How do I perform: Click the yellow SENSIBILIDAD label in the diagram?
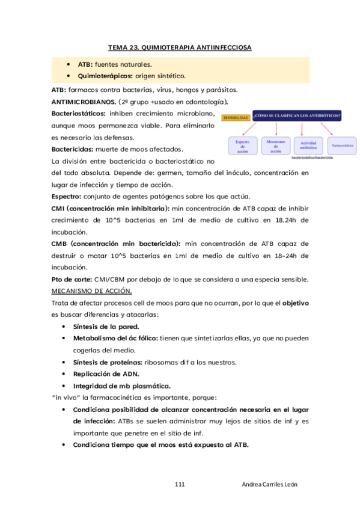pyautogui.click(x=236, y=118)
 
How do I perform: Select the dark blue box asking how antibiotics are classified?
pyautogui.click(x=297, y=115)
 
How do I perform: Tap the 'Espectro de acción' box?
pyautogui.click(x=242, y=146)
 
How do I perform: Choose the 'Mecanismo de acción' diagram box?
pyautogui.click(x=276, y=146)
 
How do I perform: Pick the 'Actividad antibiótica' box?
pyautogui.click(x=308, y=146)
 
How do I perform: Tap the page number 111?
pyautogui.click(x=180, y=484)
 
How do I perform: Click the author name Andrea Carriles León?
pyautogui.click(x=270, y=484)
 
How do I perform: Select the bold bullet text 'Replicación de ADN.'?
pyautogui.click(x=106, y=373)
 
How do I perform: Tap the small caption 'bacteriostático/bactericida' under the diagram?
pyautogui.click(x=312, y=158)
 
